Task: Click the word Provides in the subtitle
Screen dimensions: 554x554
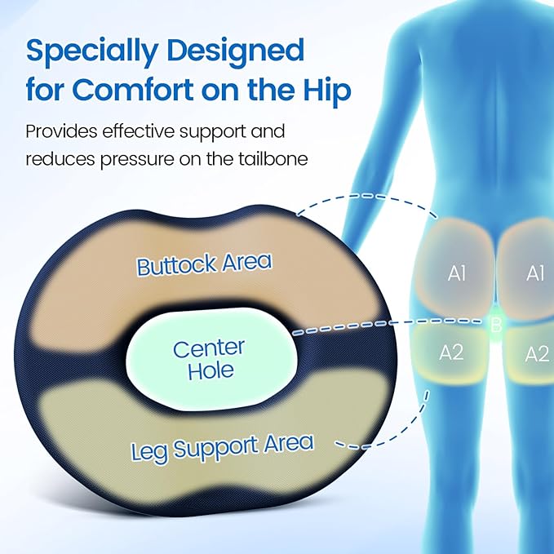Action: coord(60,131)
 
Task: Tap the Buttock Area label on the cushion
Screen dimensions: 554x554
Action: coord(204,264)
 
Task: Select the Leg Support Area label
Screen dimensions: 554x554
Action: coord(223,447)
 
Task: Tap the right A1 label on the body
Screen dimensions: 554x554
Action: coord(535,274)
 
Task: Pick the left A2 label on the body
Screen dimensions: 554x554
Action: coord(451,352)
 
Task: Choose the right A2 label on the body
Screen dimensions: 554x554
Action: coord(536,353)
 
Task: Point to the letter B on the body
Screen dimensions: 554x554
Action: coord(494,326)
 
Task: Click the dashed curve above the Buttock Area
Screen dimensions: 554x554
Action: coord(367,196)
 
